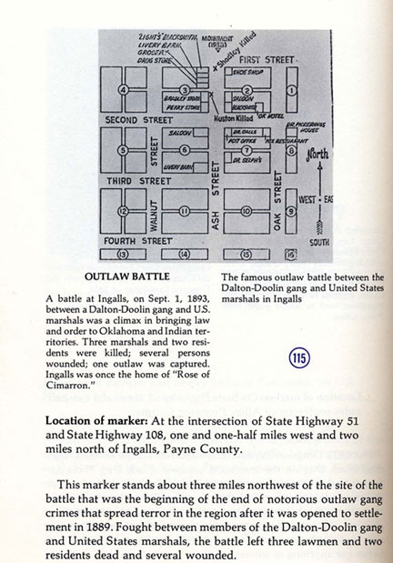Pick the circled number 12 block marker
pyautogui.click(x=123, y=210)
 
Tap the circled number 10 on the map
pyautogui.click(x=245, y=211)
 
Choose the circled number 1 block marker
pyautogui.click(x=290, y=89)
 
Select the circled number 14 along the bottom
pyautogui.click(x=185, y=253)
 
